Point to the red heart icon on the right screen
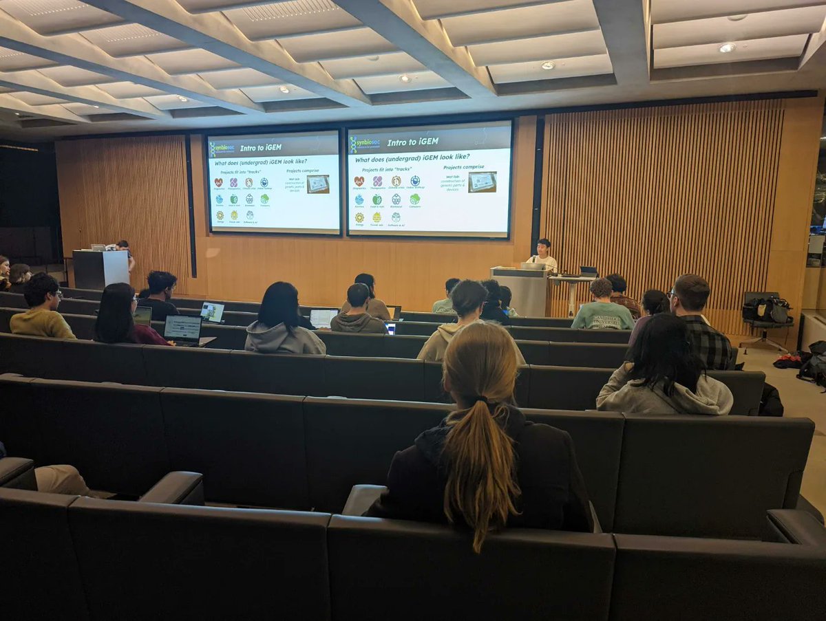point(359,182)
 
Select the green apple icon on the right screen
point(377,199)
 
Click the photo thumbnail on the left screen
point(317,184)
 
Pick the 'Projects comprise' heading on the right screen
point(463,167)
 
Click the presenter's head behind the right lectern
point(544,246)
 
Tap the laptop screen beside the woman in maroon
point(182,327)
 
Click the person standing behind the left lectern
point(125,253)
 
